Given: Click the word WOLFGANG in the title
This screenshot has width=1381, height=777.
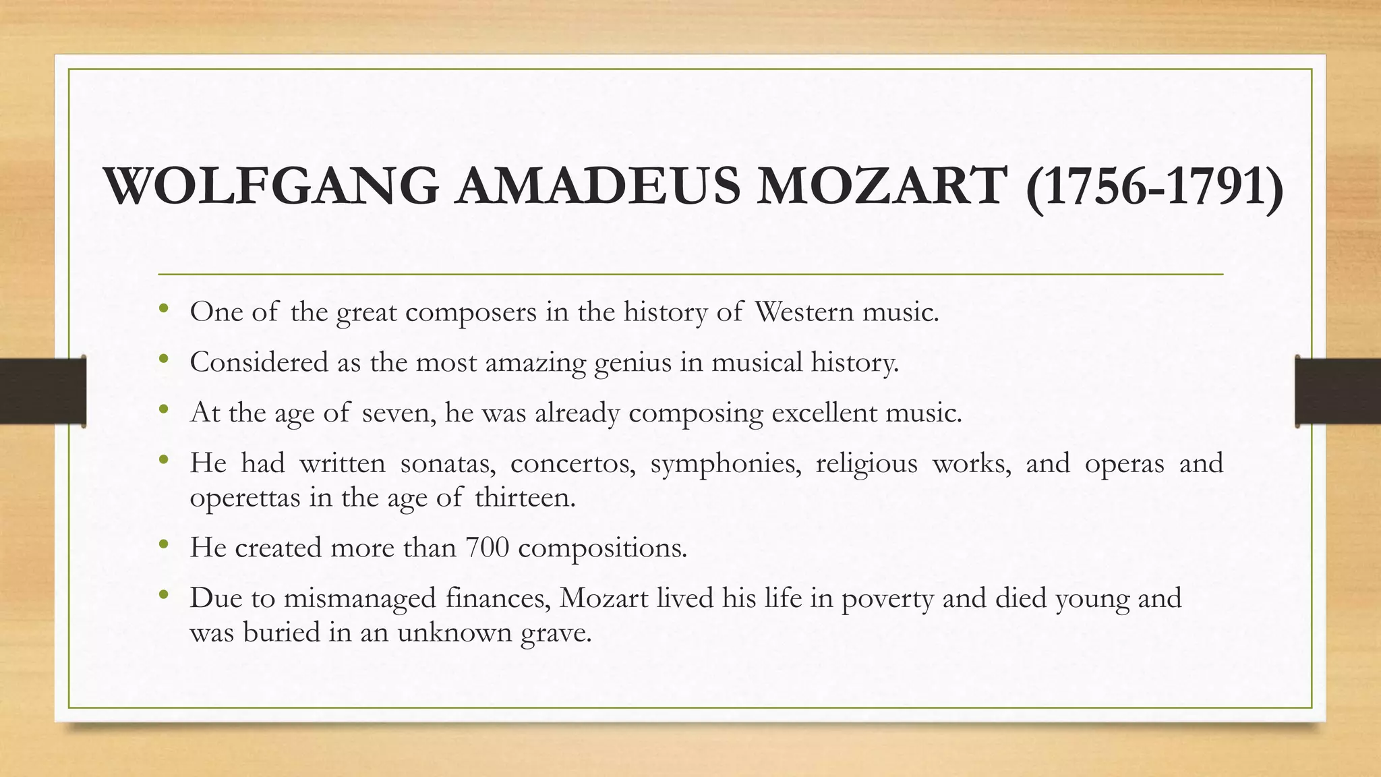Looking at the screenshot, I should [x=272, y=186].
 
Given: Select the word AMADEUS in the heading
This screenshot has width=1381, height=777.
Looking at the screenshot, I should [x=597, y=186].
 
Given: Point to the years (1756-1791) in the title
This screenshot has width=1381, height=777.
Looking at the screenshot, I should [x=1154, y=188].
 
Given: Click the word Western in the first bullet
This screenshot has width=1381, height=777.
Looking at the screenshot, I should [x=804, y=312].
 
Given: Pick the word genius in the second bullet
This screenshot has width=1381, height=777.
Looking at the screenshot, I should [x=633, y=363].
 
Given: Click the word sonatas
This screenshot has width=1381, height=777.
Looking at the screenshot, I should [x=448, y=463].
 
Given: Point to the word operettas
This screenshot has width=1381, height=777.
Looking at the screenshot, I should [x=245, y=498].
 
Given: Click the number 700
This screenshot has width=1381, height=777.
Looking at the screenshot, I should [x=487, y=547].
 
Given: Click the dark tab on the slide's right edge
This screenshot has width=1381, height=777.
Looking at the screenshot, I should [x=1338, y=391].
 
